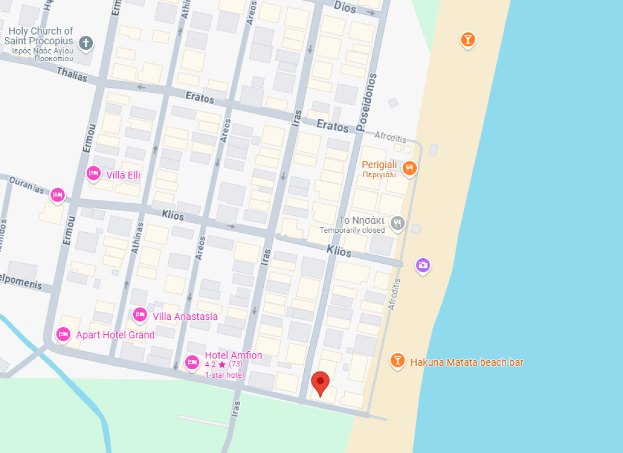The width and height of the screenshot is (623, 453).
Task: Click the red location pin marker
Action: tap(321, 383)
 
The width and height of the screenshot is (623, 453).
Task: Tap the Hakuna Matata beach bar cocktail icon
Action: tap(398, 360)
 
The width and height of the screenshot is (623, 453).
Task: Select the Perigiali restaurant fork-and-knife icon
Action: tap(409, 168)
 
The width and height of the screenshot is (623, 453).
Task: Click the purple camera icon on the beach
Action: tap(423, 265)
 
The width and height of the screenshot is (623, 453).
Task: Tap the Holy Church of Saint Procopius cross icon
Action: tap(86, 42)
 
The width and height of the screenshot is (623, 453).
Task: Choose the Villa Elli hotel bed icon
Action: tap(93, 173)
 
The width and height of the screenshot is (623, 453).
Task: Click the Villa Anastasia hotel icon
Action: tap(140, 314)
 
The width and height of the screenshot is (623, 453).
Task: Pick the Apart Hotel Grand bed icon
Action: tap(63, 334)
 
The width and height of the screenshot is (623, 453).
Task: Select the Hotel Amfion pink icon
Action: tap(192, 361)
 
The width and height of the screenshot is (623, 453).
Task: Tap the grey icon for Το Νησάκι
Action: tap(398, 223)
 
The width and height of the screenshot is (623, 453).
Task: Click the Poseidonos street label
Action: tap(366, 102)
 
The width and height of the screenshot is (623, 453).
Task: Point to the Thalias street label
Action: tap(72, 74)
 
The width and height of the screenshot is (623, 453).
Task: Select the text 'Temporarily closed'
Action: tap(352, 230)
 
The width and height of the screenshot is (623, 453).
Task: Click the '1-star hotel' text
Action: tap(224, 375)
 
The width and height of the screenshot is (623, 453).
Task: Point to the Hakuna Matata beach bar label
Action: tap(467, 362)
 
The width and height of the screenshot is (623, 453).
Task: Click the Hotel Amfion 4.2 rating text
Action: tap(224, 365)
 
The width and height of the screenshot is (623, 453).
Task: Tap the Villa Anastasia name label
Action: tap(185, 317)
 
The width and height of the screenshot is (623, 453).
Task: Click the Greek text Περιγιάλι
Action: tap(379, 175)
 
